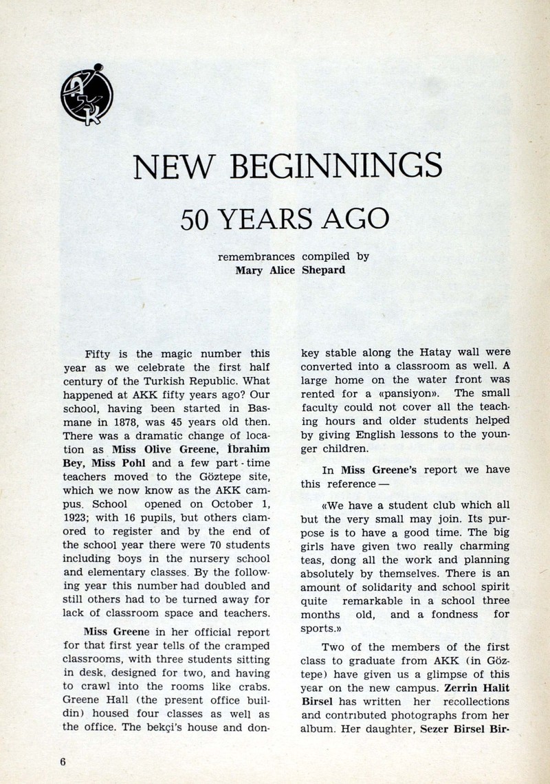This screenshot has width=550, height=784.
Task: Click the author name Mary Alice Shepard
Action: [x=290, y=270]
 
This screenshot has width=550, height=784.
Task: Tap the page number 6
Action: [x=62, y=761]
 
